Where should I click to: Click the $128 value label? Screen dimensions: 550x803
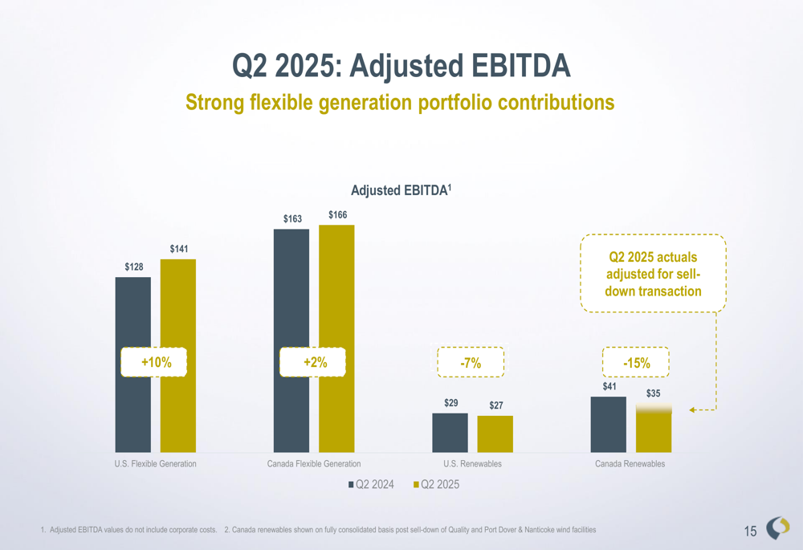click(133, 266)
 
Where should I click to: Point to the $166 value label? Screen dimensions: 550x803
click(337, 214)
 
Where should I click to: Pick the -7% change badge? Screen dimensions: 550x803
click(471, 363)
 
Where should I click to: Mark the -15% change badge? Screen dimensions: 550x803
click(637, 363)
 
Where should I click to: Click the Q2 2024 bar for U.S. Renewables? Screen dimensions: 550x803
click(450, 433)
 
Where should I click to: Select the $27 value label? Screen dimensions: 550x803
click(496, 405)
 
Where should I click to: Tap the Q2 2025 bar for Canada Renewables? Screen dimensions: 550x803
click(654, 429)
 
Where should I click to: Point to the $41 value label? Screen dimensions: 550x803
click(609, 386)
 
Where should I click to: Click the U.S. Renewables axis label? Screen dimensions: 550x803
click(472, 464)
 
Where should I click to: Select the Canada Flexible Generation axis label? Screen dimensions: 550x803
click(314, 464)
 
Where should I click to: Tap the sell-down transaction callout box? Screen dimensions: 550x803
click(653, 274)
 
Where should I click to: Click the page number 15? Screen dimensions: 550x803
click(751, 531)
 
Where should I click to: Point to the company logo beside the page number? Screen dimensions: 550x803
click(778, 527)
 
